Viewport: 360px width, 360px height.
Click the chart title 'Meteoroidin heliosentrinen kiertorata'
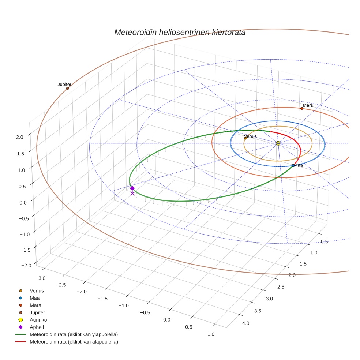(x=180, y=32)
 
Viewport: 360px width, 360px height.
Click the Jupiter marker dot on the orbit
(x=67, y=88)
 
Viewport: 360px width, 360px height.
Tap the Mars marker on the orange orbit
(x=301, y=108)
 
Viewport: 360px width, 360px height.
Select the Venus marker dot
(x=245, y=138)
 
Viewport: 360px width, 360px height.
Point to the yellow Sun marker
(x=278, y=143)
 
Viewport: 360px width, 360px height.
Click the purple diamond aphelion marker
(x=132, y=188)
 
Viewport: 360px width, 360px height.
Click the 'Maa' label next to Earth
(x=299, y=165)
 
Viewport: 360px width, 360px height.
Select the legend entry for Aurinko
(x=38, y=320)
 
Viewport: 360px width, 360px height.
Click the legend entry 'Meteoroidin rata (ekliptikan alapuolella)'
(x=74, y=342)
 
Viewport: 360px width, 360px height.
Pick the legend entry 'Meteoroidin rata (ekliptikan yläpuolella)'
(x=74, y=334)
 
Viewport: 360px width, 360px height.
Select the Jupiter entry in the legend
(x=37, y=312)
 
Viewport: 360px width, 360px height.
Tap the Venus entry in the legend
(x=37, y=290)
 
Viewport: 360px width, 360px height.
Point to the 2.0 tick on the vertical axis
(x=20, y=137)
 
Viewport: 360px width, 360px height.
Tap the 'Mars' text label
(x=308, y=105)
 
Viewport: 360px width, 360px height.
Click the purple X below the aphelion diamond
(x=132, y=194)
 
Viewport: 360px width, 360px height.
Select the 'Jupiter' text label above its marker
(x=64, y=84)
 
